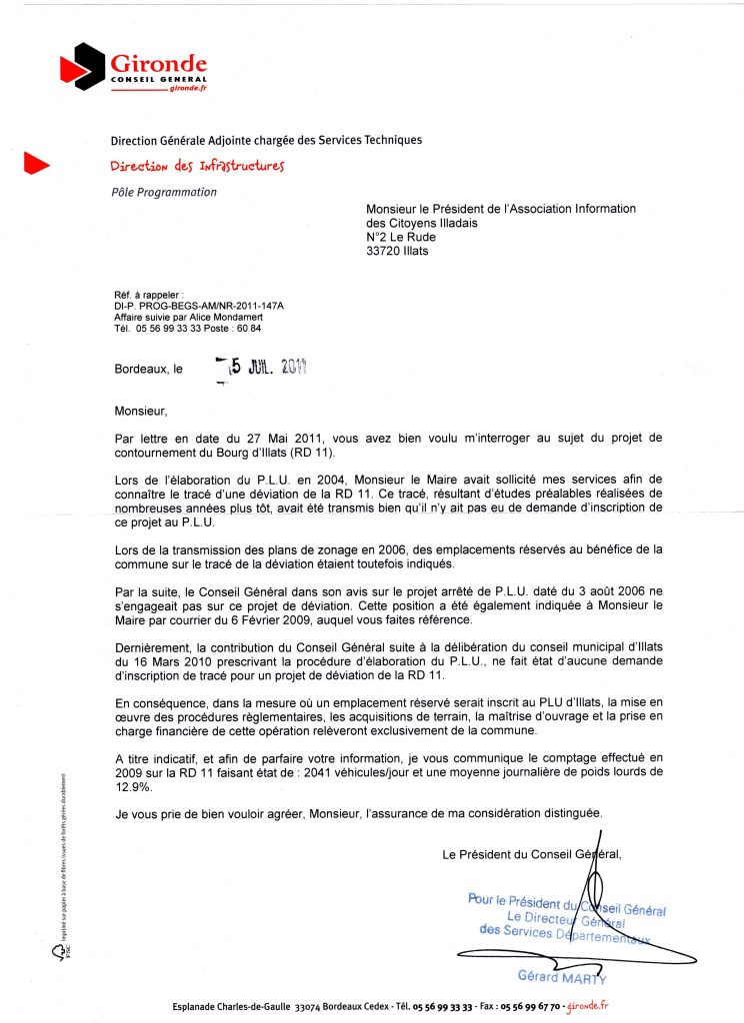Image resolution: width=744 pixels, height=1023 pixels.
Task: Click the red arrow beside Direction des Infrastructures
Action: pyautogui.click(x=36, y=166)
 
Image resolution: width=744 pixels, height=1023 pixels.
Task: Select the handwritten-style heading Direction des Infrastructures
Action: pyautogui.click(x=198, y=166)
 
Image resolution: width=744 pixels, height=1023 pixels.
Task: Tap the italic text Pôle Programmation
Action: pyautogui.click(x=163, y=192)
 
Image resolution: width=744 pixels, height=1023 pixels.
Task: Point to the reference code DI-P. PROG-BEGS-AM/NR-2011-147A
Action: pyautogui.click(x=199, y=305)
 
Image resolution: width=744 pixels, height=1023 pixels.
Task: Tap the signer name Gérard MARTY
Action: pyautogui.click(x=561, y=976)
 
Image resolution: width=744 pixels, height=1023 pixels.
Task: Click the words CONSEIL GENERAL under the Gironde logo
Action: pyautogui.click(x=159, y=79)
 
